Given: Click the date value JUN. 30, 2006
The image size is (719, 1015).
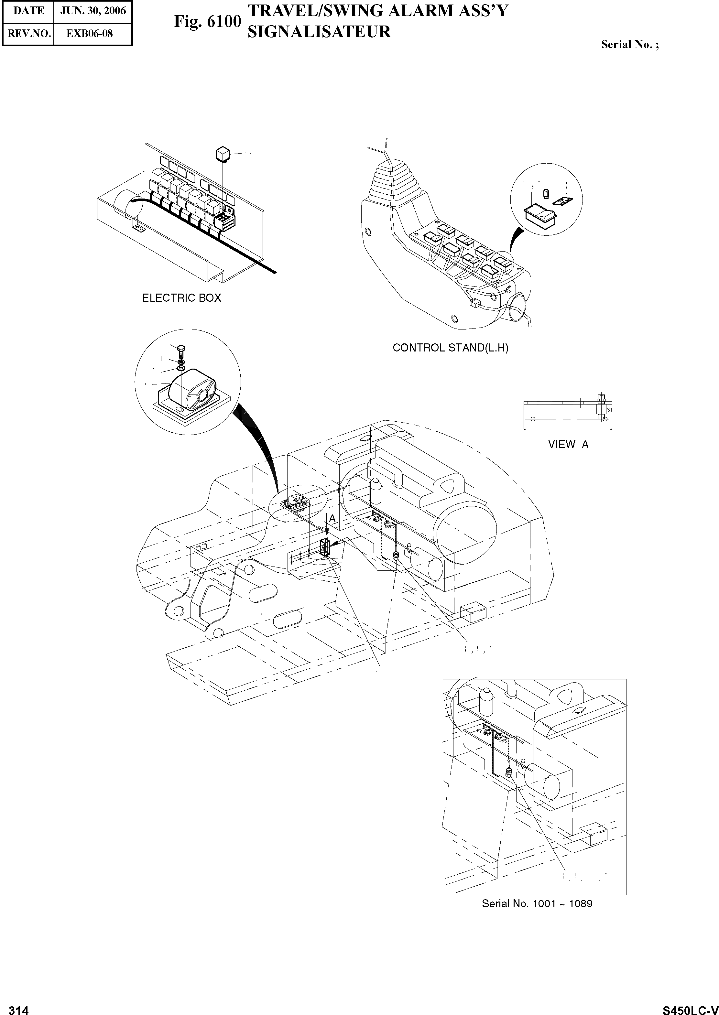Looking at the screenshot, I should [x=93, y=11].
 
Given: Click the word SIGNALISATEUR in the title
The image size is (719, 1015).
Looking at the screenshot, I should [x=319, y=32].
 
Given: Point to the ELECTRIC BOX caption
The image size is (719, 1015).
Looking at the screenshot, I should [x=181, y=298].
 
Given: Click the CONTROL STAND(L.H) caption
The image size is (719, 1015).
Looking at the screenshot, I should [x=451, y=348].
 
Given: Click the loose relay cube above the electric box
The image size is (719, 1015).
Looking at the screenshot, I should [x=223, y=154].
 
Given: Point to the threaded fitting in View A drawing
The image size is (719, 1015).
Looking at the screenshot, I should [x=601, y=406].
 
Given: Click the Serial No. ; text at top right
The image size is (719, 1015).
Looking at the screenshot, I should [x=629, y=45].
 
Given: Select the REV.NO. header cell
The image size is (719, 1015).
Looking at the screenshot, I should [x=27, y=34].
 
